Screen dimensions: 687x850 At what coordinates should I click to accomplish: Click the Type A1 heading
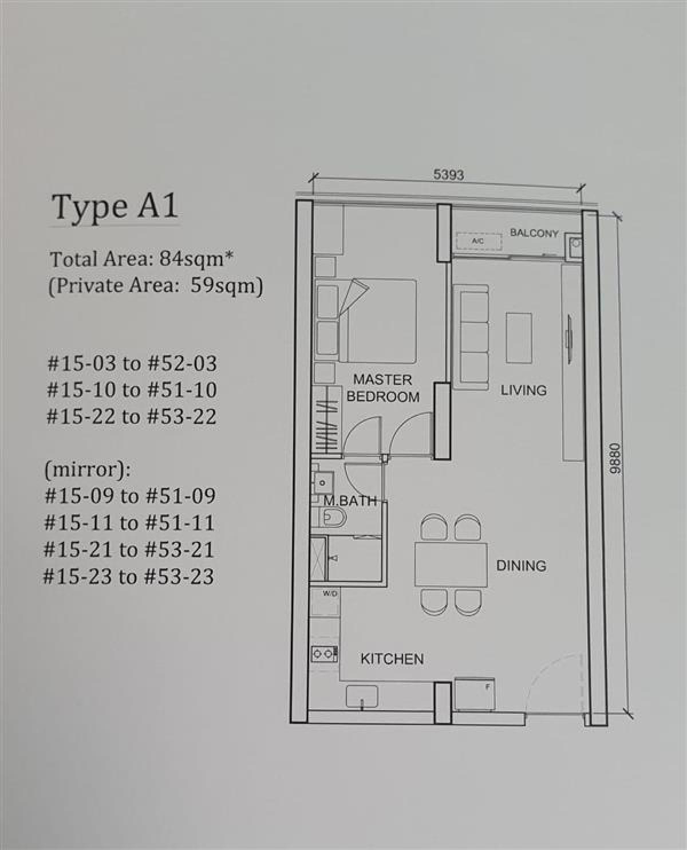[x=114, y=207]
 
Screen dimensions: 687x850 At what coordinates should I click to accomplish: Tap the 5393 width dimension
[x=449, y=175]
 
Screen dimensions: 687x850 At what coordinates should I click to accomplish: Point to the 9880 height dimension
[x=616, y=459]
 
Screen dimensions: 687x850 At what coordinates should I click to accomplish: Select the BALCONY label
[x=534, y=233]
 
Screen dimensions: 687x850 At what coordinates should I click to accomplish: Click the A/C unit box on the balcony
[x=479, y=242]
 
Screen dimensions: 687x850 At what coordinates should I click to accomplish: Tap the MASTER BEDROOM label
[x=383, y=388]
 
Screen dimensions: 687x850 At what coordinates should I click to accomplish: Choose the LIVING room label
[x=523, y=390]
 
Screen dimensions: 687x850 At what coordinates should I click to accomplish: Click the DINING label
[x=521, y=565]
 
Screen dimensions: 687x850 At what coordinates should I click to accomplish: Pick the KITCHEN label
[x=392, y=659]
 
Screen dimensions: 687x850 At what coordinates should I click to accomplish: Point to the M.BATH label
[x=350, y=501]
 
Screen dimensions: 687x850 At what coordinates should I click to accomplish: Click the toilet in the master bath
[x=334, y=518]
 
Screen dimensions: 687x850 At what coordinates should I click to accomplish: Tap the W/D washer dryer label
[x=330, y=594]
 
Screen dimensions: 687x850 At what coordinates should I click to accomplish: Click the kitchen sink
[x=362, y=696]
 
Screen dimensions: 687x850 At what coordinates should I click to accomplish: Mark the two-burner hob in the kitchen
[x=324, y=655]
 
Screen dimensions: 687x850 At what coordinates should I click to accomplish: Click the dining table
[x=451, y=564]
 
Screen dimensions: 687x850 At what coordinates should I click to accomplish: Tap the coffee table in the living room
[x=519, y=338]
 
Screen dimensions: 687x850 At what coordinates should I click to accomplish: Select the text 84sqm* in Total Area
[x=196, y=259]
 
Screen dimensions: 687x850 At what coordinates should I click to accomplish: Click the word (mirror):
[x=88, y=470]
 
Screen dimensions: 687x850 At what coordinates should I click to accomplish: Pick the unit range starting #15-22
[x=132, y=416]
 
